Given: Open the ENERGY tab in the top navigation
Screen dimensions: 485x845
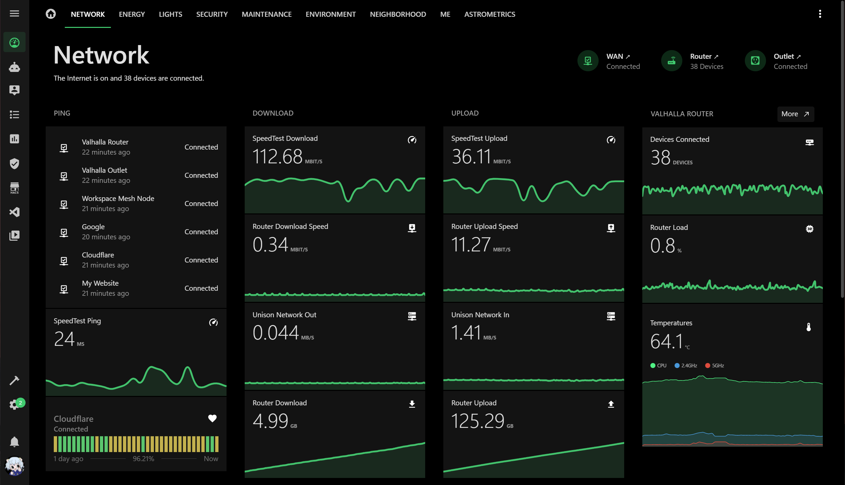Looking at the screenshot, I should [x=132, y=14].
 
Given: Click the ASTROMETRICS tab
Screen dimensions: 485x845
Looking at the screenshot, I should [x=489, y=14].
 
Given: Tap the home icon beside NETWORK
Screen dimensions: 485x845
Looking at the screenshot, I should [x=51, y=14].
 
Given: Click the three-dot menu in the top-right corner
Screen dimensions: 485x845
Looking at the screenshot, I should [x=820, y=14].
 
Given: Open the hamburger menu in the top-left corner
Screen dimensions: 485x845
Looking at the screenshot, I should [x=14, y=13].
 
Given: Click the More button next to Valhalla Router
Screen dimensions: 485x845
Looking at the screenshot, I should [x=795, y=114].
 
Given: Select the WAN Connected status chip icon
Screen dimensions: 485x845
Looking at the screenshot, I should [x=588, y=61].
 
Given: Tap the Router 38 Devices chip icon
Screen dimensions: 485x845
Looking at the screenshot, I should [x=671, y=61].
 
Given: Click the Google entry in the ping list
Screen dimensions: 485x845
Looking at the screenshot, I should [x=93, y=227].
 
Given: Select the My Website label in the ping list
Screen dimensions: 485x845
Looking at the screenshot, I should [x=100, y=283].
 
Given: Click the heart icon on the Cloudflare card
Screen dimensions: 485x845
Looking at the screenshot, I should [x=212, y=418].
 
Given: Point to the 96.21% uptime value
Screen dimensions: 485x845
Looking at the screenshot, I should [x=143, y=458].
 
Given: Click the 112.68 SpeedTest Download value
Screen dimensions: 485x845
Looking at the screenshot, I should [x=277, y=157].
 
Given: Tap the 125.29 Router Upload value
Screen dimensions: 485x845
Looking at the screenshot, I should [x=477, y=421].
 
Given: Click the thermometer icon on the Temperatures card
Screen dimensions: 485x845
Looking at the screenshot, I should [x=808, y=327].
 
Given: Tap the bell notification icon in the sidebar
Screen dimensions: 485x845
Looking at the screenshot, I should [x=14, y=442].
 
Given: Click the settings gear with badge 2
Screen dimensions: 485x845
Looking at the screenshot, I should [x=14, y=404].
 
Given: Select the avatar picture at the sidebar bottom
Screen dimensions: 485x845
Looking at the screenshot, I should [x=14, y=466].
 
